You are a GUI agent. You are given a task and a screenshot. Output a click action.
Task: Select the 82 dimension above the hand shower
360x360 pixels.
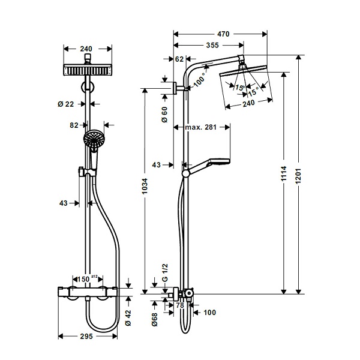point(74,125)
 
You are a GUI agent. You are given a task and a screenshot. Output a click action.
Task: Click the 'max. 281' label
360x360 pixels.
point(200,127)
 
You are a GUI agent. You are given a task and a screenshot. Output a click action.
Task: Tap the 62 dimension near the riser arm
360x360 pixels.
point(179,58)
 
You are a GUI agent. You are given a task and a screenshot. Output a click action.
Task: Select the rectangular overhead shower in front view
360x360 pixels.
point(88,70)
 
